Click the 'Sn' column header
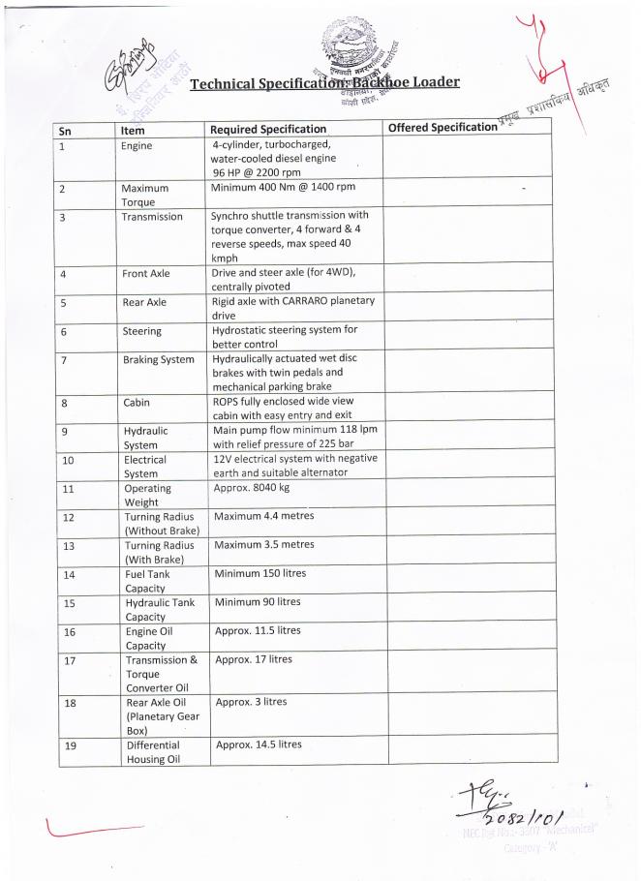click(x=66, y=129)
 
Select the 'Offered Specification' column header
click(x=442, y=128)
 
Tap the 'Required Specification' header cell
click(x=268, y=129)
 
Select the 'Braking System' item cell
click(x=154, y=360)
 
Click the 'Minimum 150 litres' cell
click(x=259, y=573)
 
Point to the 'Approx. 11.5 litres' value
click(x=258, y=630)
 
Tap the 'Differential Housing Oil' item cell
click(x=153, y=752)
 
